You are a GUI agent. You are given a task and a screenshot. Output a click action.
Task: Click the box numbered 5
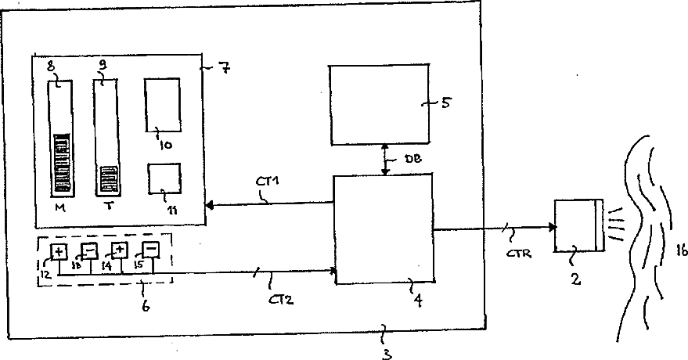[379, 104]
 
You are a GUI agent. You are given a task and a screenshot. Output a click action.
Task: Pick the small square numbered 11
[164, 178]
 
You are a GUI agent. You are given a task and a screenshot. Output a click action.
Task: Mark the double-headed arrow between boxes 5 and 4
[384, 160]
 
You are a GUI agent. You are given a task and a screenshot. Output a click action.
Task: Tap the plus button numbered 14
[119, 250]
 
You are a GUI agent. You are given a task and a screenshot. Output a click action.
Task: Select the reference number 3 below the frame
[385, 352]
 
